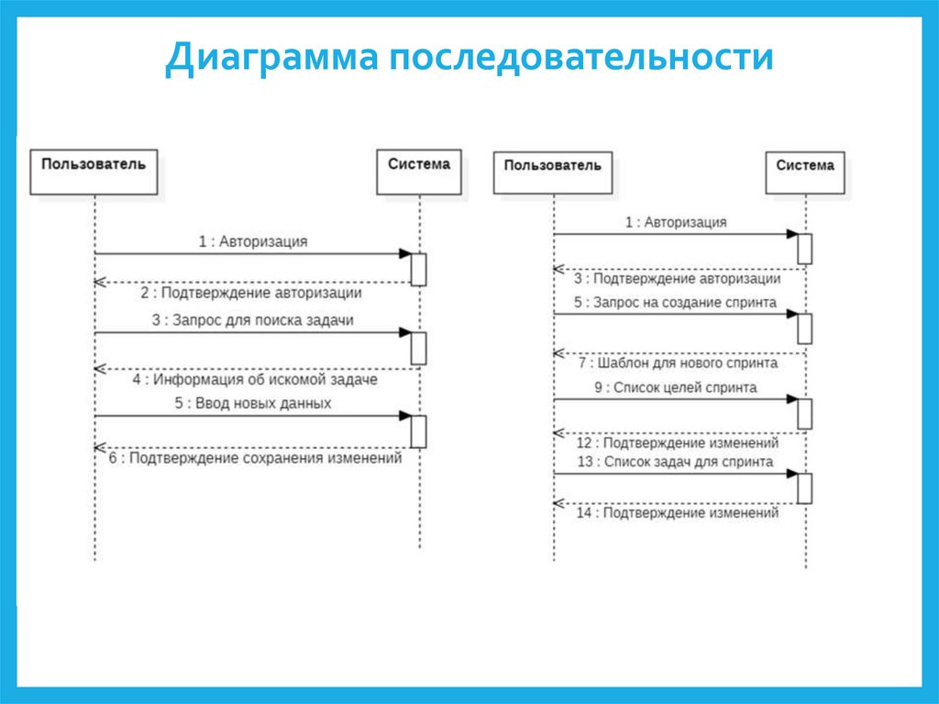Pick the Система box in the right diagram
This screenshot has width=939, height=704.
pos(804,172)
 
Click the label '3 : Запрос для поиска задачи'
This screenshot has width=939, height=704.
pos(253,320)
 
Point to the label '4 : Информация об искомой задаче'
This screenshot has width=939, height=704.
pos(254,378)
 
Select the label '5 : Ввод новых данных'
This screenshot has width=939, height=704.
pos(253,403)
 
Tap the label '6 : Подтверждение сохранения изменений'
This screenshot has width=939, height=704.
pos(255,458)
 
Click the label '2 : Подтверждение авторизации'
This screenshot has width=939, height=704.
pos(250,293)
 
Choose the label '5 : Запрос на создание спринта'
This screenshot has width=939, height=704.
pos(675,302)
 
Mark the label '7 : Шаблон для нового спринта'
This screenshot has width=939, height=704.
pos(678,363)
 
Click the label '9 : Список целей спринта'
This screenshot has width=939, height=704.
pos(675,387)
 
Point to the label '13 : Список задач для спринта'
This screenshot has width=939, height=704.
pos(675,462)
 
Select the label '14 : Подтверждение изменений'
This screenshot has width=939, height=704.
pos(677,513)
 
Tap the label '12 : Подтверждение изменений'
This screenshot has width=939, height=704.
pos(678,442)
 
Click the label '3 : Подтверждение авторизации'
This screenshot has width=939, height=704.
pos(677,278)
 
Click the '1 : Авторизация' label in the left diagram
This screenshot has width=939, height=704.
pos(253,241)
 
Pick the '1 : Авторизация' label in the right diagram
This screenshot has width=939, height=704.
pos(676,222)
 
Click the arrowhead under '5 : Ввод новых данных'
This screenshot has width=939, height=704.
pos(404,416)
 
